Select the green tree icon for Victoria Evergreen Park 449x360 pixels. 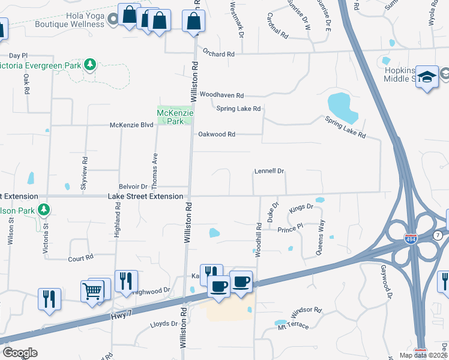90,64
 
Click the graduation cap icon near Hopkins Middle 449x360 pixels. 427,77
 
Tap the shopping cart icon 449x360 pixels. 92,292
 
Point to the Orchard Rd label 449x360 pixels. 218,53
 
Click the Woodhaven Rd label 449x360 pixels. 221,95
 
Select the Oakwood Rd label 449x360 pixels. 216,134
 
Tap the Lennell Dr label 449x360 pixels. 269,171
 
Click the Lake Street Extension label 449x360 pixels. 145,196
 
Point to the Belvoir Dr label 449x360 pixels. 133,187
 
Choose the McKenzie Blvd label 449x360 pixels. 131,125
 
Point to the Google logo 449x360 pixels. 20,352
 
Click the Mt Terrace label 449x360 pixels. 293,325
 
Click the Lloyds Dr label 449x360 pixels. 164,324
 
